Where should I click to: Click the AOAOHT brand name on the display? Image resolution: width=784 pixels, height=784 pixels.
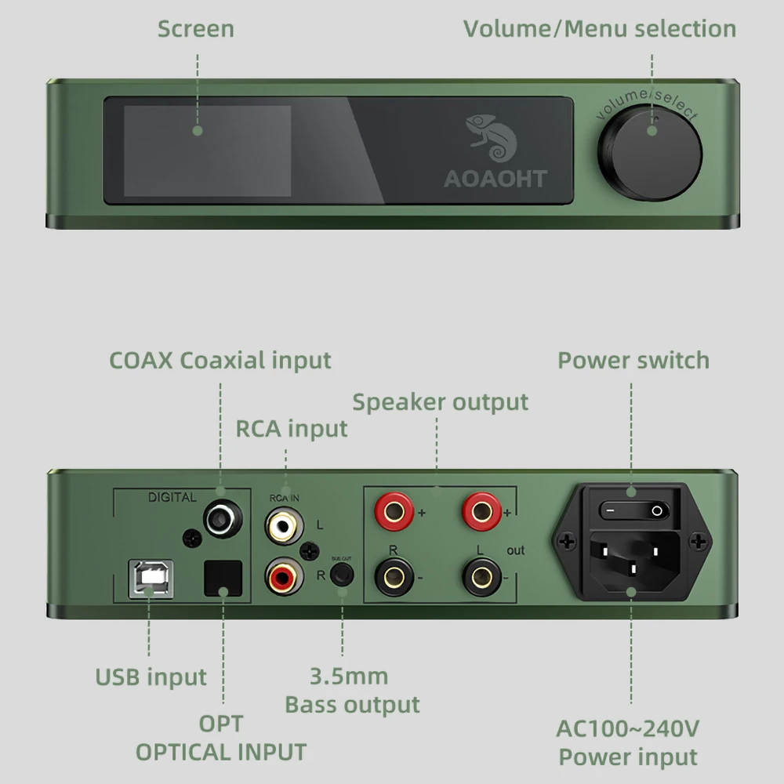click(x=495, y=178)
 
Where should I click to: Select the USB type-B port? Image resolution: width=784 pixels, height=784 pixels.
click(x=151, y=579)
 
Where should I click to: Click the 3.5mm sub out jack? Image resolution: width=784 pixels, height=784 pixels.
click(x=341, y=575)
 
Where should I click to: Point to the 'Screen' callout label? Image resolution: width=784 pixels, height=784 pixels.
click(x=196, y=29)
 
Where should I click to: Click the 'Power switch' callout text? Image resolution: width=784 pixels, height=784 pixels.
click(x=633, y=361)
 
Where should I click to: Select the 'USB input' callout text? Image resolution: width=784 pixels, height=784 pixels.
click(x=151, y=677)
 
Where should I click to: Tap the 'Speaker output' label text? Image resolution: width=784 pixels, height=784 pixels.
click(x=441, y=402)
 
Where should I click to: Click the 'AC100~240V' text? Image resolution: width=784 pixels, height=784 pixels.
click(x=628, y=728)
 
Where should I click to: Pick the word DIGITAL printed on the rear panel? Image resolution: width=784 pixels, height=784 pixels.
click(x=172, y=497)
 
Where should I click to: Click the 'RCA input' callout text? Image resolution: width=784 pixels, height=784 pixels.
click(x=292, y=429)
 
